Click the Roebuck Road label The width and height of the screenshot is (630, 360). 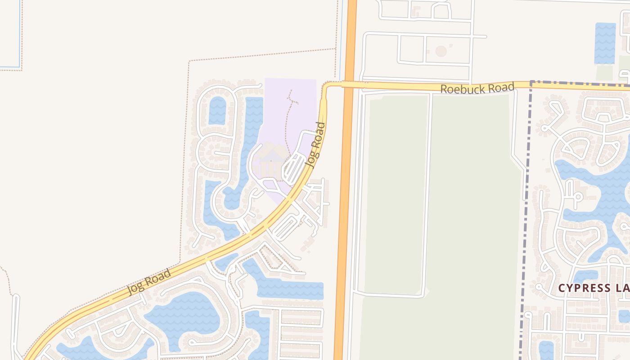click(477, 88)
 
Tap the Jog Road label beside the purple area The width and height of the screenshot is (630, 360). click(315, 145)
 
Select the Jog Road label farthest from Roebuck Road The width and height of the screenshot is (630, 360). click(149, 281)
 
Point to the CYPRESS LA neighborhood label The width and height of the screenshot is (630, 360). click(593, 288)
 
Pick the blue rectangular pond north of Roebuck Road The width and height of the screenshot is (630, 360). click(605, 43)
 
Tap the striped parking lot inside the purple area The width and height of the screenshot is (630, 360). click(295, 166)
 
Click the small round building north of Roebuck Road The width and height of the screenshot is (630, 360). click(441, 51)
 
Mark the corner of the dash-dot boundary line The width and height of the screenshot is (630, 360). click(531, 82)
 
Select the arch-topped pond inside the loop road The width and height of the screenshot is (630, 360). click(217, 111)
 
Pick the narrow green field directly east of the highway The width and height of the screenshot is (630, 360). click(396, 193)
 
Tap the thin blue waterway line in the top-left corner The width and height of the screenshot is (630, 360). click(20, 36)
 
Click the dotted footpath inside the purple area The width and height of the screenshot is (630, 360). click(288, 121)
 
